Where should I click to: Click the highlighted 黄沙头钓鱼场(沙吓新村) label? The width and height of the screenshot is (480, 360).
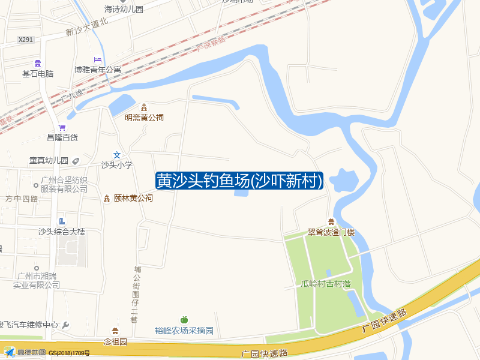click(x=239, y=181)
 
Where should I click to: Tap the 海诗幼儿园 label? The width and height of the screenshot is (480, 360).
click(x=124, y=10)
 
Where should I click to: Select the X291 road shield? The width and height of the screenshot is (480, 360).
click(x=26, y=40)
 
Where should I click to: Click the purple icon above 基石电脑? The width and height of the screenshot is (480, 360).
click(x=38, y=63)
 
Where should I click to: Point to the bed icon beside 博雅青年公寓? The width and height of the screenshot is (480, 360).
click(x=97, y=60)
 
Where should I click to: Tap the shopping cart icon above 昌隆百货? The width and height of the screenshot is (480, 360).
click(x=62, y=127)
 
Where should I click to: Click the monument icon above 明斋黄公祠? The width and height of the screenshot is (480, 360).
click(x=144, y=107)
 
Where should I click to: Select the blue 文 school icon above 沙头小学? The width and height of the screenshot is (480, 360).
click(x=117, y=155)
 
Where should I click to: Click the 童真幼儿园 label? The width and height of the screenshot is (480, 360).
click(x=49, y=161)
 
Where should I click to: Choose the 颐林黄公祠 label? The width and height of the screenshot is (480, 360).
click(x=133, y=198)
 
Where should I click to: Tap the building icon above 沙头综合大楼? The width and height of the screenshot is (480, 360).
click(x=62, y=221)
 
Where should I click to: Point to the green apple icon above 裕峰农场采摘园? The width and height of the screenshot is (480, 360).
click(x=184, y=320)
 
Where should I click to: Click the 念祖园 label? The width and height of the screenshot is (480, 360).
click(x=116, y=341)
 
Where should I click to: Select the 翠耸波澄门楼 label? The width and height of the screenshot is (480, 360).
click(x=331, y=232)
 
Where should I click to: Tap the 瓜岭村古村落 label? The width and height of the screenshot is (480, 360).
click(x=326, y=284)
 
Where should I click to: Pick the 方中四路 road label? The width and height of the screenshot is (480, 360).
click(x=22, y=199)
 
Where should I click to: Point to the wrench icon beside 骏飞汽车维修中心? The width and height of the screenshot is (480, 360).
click(x=66, y=325)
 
